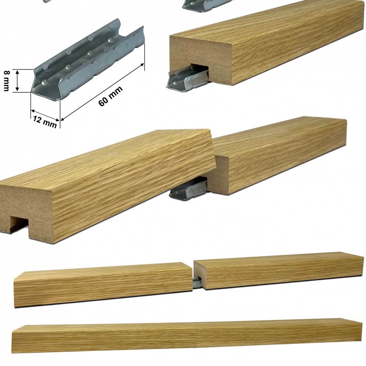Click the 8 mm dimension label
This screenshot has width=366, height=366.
click(7, 81)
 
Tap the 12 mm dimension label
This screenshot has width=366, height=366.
click(45, 122)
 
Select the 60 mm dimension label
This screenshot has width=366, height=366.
click(111, 96)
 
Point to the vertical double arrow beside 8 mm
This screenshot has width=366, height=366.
click(17, 81)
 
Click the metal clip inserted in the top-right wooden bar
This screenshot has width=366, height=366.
click(187, 78)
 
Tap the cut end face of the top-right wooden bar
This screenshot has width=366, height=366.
click(201, 58)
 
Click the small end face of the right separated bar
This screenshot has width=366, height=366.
click(199, 274)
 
